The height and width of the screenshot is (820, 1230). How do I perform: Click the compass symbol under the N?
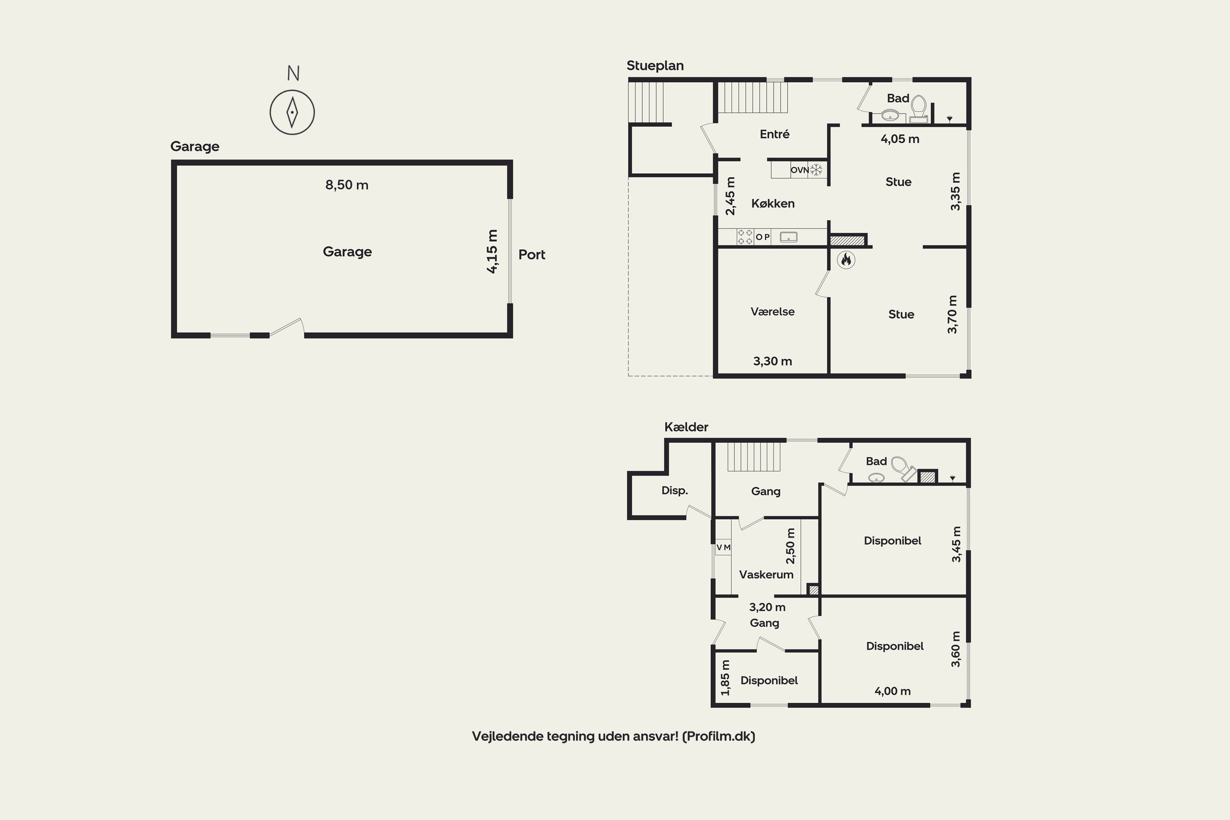coord(292,112)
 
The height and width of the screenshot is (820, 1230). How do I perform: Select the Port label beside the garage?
coord(531,255)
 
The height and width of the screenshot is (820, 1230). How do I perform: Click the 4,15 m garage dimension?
coord(492,252)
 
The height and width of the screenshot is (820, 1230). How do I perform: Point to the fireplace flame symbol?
coord(845,260)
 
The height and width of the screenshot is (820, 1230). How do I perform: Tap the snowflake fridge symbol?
coord(816,169)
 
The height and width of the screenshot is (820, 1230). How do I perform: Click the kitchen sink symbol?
coord(788,237)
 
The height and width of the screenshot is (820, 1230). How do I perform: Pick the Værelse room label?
coord(772,312)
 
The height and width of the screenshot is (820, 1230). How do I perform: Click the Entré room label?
coord(774,134)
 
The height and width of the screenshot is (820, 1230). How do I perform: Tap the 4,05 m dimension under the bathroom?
coord(900,139)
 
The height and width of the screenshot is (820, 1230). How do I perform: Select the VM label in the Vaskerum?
coord(723,547)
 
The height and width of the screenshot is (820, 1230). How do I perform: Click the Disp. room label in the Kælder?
coord(674,490)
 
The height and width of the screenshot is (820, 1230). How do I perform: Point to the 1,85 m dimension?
coord(725,678)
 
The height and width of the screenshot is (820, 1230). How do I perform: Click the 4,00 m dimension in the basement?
coord(892,691)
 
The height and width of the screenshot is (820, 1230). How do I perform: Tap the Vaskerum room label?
coord(766,575)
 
